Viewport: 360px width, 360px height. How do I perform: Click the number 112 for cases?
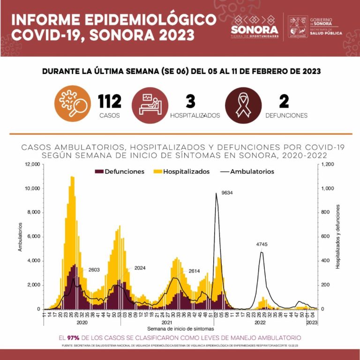pyautogui.click(x=110, y=101)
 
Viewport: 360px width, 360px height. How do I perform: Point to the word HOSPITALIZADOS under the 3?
pyautogui.click(x=195, y=116)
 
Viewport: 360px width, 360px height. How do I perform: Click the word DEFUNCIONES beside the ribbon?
pyautogui.click(x=286, y=116)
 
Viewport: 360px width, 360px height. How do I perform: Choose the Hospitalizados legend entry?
pyautogui.click(x=181, y=172)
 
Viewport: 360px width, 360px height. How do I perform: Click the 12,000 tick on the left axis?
pyautogui.click(x=32, y=164)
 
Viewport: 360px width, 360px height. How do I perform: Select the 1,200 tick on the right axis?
pyautogui.click(x=328, y=164)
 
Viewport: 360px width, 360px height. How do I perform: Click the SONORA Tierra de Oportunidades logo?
pyautogui.click(x=254, y=27)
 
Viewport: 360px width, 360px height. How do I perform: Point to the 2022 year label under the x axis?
pyautogui.click(x=261, y=322)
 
